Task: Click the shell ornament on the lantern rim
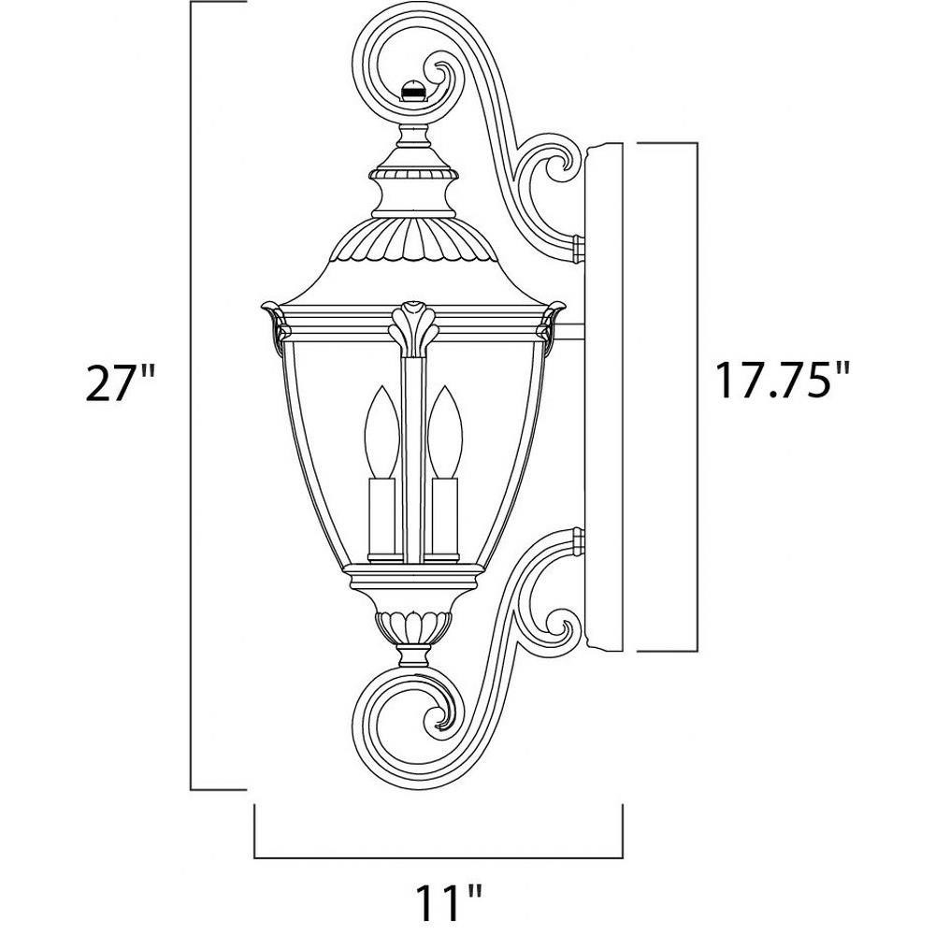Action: pos(413,328)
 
